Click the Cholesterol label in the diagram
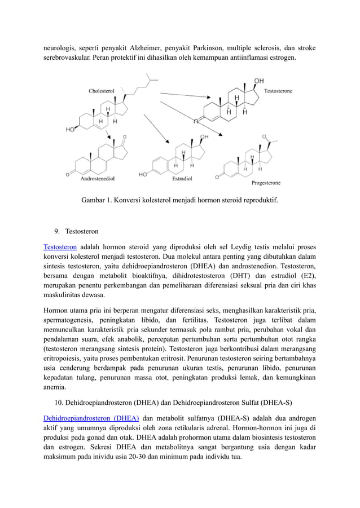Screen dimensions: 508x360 pyautogui.click(x=102, y=91)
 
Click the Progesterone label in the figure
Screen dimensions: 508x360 pyautogui.click(x=266, y=183)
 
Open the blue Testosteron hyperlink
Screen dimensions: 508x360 pyautogui.click(x=60, y=247)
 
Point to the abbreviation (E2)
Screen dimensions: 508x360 pyautogui.click(x=306, y=276)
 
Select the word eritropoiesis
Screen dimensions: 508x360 pyautogui.click(x=63, y=358)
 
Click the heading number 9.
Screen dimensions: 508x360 pyautogui.click(x=58, y=231)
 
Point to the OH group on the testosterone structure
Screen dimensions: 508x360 pyautogui.click(x=259, y=81)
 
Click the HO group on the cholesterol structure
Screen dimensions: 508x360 pyautogui.click(x=71, y=129)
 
